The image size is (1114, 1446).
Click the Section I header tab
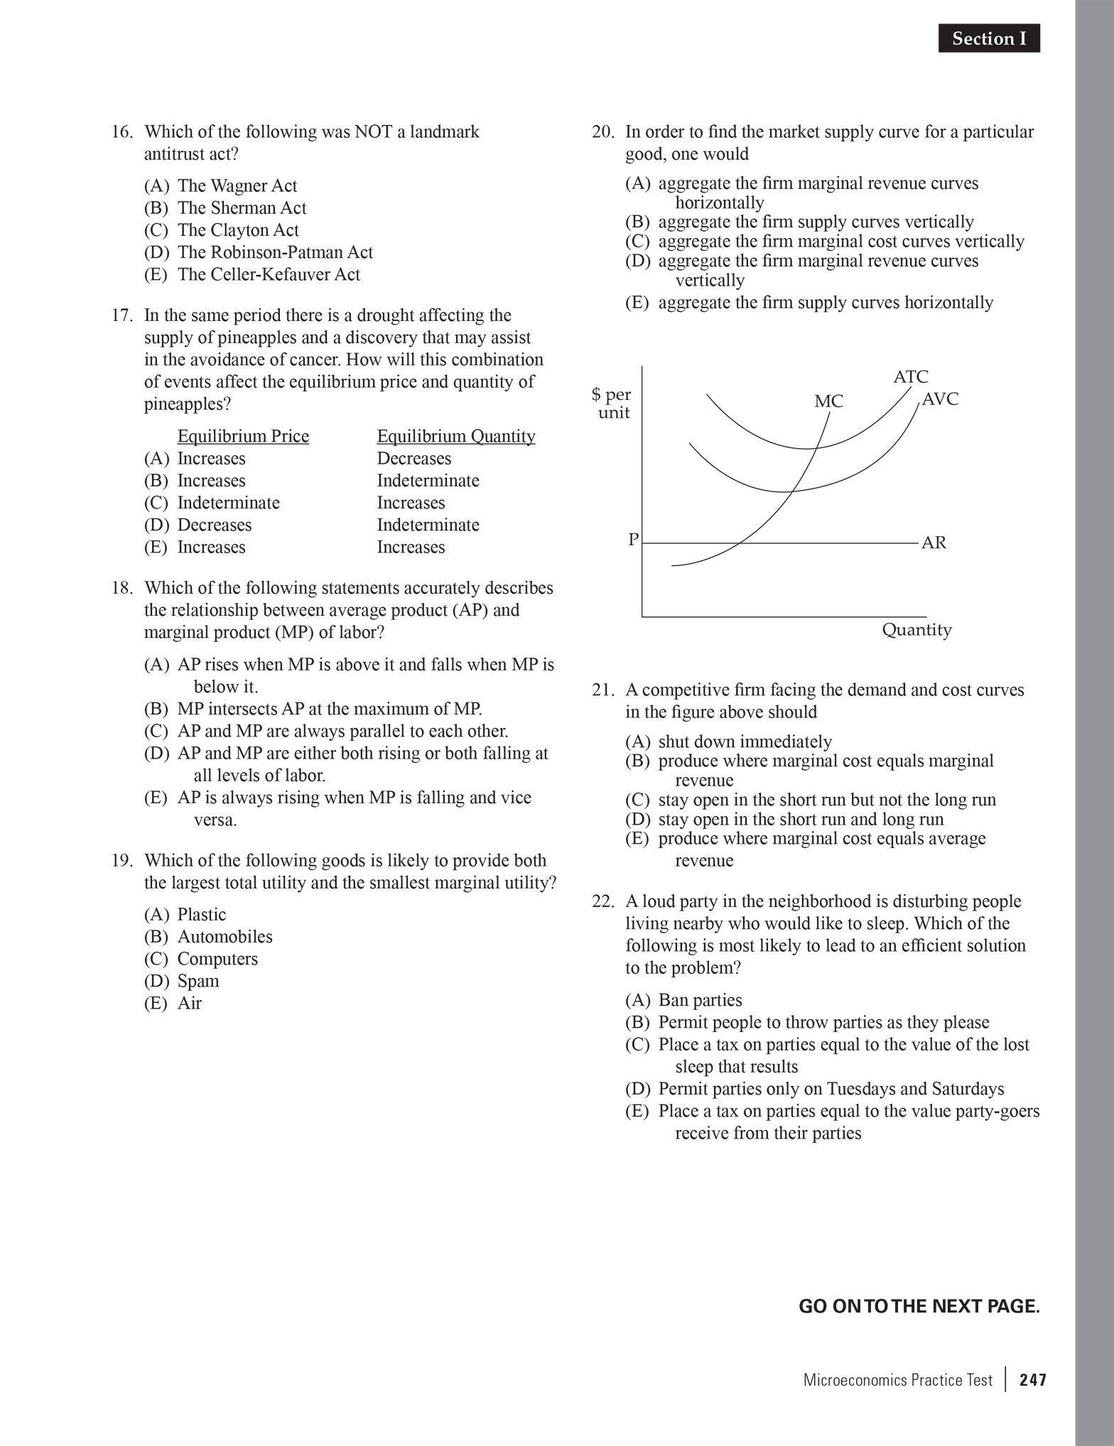tap(989, 38)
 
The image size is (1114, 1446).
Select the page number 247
tap(1033, 1380)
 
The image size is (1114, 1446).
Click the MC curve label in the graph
tap(828, 402)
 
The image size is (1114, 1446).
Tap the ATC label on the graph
tap(910, 376)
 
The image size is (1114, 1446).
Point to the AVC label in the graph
tap(940, 399)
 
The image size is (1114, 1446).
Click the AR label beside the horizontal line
tap(934, 543)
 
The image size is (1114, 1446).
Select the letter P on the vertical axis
tap(633, 540)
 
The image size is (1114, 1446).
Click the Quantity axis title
tap(916, 630)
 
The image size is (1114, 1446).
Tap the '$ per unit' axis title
tap(612, 403)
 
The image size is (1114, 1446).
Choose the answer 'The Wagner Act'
tap(237, 186)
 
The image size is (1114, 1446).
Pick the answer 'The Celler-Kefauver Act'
tap(268, 275)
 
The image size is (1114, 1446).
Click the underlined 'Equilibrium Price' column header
tap(243, 436)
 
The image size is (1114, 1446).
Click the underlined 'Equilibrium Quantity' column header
tap(455, 436)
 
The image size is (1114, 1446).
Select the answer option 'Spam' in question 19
tap(198, 982)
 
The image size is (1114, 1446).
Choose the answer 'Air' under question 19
tap(189, 1004)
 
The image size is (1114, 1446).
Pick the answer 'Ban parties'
tap(699, 1001)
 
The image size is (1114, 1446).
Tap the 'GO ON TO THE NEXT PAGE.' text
tap(919, 1306)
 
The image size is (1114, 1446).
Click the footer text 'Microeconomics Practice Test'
tap(897, 1380)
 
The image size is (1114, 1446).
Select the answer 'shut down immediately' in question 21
tap(744, 742)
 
